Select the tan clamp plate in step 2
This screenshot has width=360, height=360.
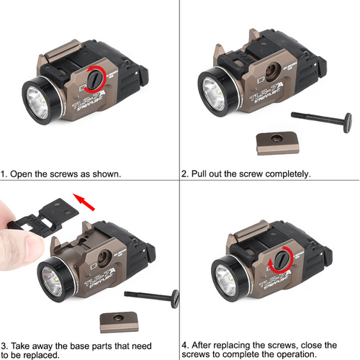click(278, 143)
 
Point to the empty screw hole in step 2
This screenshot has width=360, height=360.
click(273, 71)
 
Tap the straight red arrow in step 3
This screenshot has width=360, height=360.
click(84, 202)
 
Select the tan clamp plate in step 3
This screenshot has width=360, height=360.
click(120, 322)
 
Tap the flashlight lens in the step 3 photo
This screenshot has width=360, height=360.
click(53, 282)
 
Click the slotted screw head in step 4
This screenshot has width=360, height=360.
click(282, 259)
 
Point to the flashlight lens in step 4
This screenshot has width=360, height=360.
click(226, 280)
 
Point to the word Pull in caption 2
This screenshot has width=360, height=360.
click(199, 174)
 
